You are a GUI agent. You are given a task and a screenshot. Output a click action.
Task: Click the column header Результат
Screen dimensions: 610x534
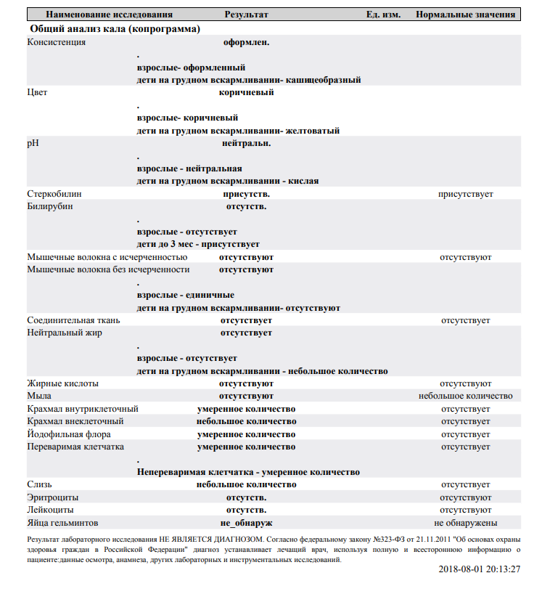246,15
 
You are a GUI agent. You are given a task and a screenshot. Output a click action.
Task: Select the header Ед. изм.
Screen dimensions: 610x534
383,15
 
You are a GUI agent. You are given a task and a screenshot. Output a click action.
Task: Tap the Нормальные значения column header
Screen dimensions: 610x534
465,15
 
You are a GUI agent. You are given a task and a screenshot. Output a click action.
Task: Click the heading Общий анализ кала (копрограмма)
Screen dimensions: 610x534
115,28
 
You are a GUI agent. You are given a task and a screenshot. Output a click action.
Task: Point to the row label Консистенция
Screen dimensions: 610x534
57,42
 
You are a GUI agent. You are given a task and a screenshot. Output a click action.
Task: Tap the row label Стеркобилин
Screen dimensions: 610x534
54,194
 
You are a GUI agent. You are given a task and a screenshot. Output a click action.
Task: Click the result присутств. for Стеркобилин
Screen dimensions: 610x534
247,194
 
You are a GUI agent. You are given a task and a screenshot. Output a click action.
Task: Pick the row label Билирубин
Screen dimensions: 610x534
50,206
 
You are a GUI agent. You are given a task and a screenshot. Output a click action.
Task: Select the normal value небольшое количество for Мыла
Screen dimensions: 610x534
465,396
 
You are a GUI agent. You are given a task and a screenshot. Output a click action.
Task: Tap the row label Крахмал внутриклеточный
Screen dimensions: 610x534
83,409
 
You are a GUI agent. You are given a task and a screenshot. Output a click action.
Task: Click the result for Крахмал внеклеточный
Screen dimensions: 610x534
246,421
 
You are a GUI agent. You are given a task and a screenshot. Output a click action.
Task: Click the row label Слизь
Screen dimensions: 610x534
39,484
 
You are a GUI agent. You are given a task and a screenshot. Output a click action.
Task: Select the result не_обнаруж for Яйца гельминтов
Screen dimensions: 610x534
246,522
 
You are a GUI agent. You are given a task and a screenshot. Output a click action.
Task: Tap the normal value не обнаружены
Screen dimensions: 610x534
465,522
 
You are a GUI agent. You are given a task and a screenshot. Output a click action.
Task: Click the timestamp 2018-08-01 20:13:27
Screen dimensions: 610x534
480,569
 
